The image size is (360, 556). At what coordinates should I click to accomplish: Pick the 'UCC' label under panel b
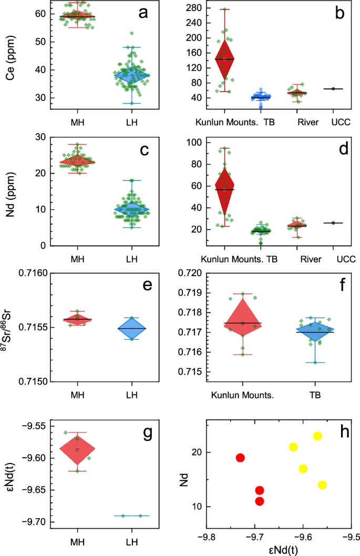(x=342, y=122)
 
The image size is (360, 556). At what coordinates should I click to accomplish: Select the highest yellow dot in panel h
(x=317, y=436)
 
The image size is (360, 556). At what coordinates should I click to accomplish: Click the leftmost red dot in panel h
(x=240, y=458)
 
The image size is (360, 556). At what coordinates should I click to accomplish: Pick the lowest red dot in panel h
(x=259, y=501)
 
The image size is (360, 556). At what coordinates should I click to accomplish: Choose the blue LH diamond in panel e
(x=132, y=328)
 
